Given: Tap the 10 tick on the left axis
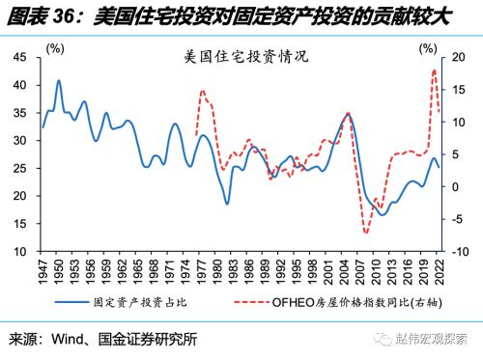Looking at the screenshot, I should click(19, 252).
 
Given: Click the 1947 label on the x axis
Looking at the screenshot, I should click(43, 271).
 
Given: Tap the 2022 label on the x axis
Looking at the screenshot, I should click(440, 271).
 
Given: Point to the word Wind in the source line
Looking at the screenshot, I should click(73, 341).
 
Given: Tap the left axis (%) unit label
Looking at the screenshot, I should click(54, 46).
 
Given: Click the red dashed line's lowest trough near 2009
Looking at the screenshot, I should click(366, 233).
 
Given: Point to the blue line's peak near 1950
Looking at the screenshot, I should click(59, 81).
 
